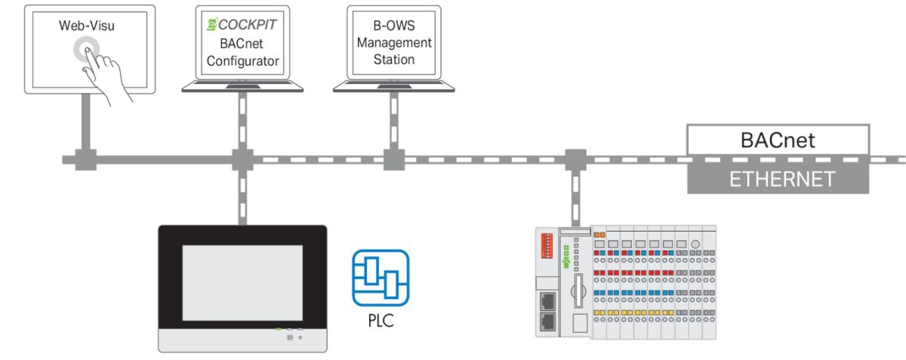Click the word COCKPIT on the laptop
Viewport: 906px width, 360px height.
pyautogui.click(x=247, y=25)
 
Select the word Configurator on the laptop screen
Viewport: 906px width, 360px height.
pyautogui.click(x=244, y=61)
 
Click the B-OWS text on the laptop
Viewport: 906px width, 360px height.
pyautogui.click(x=393, y=26)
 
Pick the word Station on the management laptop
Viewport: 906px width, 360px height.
pyautogui.click(x=393, y=60)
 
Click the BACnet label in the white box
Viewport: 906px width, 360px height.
pyautogui.click(x=778, y=140)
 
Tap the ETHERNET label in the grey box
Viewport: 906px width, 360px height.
pyautogui.click(x=778, y=179)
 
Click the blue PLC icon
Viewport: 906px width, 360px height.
pyautogui.click(x=381, y=278)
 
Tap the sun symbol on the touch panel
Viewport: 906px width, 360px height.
pyautogui.click(x=288, y=337)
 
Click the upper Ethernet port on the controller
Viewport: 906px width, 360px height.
pyautogui.click(x=547, y=299)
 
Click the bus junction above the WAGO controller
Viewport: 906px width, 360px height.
pyautogui.click(x=575, y=160)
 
